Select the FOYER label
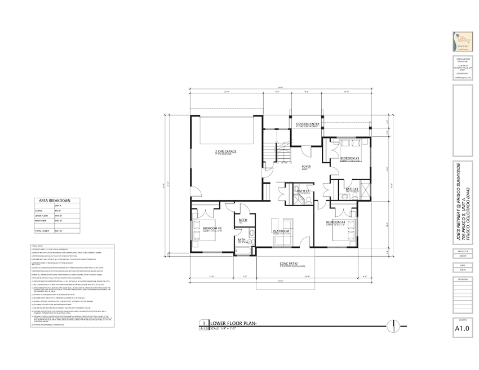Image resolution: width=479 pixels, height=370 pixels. click(307, 167)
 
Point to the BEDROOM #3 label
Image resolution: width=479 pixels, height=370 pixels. click(349, 159)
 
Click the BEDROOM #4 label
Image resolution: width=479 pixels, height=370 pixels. click(336, 222)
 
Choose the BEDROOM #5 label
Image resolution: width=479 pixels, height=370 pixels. click(212, 228)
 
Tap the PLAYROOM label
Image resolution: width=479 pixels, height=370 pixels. click(281, 231)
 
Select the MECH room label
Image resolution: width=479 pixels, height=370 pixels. click(243, 220)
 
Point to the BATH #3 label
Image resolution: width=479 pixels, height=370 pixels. click(352, 189)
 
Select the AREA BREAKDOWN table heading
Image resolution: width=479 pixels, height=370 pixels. click(55, 200)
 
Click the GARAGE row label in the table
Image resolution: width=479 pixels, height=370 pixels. click(41, 211)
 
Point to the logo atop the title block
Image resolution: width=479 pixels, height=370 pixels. click(462, 42)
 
